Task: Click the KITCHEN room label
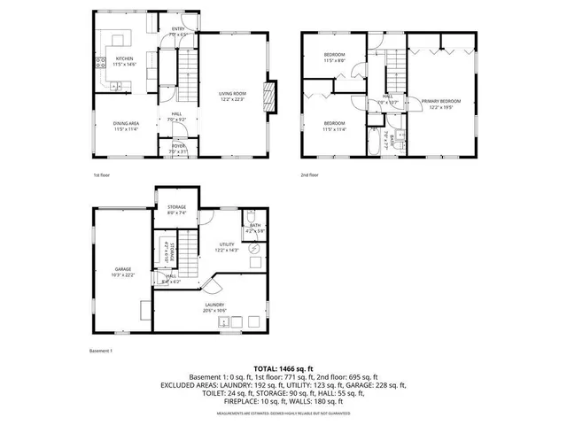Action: pyautogui.click(x=123, y=59)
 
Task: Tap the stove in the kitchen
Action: pyautogui.click(x=97, y=63)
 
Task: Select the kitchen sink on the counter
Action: pyautogui.click(x=117, y=85)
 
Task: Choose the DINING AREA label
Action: pyautogui.click(x=125, y=123)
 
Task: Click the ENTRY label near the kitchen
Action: pyautogui.click(x=177, y=28)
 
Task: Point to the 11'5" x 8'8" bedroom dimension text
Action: pyautogui.click(x=334, y=60)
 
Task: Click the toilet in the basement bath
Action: pyautogui.click(x=251, y=217)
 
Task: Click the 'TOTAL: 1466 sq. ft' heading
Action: pyautogui.click(x=283, y=367)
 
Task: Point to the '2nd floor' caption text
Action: pyautogui.click(x=309, y=175)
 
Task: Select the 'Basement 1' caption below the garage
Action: pyautogui.click(x=102, y=351)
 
